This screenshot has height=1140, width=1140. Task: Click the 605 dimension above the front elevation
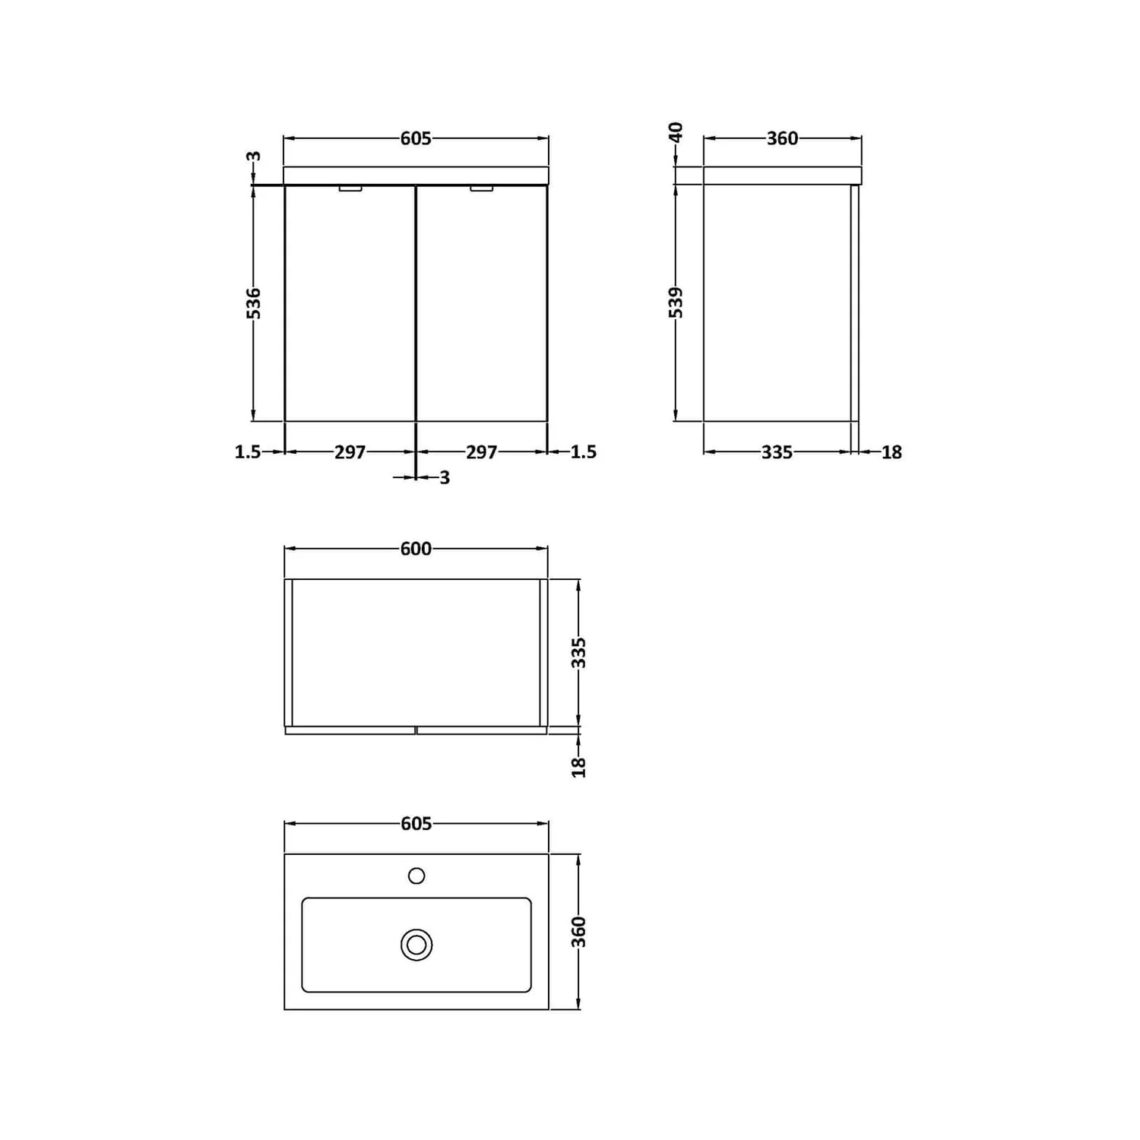(x=416, y=138)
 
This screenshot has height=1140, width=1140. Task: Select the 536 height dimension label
(x=254, y=302)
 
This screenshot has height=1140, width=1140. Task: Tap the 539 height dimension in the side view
(x=676, y=302)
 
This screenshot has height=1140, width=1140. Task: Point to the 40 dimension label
(x=676, y=132)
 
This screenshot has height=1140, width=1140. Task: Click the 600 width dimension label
(x=416, y=549)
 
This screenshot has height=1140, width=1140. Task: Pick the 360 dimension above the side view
(x=782, y=138)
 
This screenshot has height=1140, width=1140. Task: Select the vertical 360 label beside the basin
(x=579, y=932)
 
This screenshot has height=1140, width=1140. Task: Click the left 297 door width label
(x=350, y=452)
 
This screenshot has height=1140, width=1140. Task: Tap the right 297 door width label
(x=482, y=452)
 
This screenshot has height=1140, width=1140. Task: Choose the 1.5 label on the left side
(x=248, y=452)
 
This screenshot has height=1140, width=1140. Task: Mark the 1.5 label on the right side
(x=583, y=452)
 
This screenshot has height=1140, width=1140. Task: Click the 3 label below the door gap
(x=445, y=477)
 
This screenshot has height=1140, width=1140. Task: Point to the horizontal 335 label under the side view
(x=777, y=452)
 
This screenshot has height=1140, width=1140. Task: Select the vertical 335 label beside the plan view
(x=579, y=653)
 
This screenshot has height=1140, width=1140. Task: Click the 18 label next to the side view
(x=891, y=452)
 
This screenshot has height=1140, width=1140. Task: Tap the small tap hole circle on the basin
(x=416, y=876)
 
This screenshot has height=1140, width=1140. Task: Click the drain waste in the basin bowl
(x=416, y=945)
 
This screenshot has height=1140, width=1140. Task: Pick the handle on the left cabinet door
(x=350, y=188)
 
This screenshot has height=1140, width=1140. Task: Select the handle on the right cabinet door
(x=481, y=188)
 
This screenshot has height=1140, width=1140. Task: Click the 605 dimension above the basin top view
(x=416, y=824)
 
